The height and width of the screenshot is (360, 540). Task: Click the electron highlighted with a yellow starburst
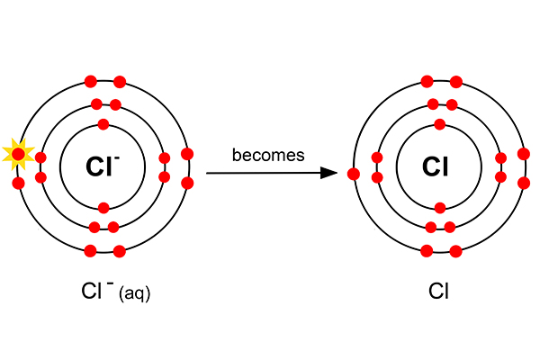pyautogui.click(x=18, y=155)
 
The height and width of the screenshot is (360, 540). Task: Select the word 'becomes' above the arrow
pyautogui.click(x=268, y=155)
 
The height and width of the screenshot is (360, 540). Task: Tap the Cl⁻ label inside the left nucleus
pyautogui.click(x=103, y=166)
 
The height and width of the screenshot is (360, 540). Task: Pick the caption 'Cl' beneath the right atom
pyautogui.click(x=438, y=292)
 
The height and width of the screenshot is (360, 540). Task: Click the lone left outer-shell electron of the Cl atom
pyautogui.click(x=354, y=174)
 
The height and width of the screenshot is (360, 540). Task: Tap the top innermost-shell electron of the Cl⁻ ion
pyautogui.click(x=103, y=124)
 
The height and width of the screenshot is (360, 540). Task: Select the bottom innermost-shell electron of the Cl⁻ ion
pyautogui.click(x=103, y=208)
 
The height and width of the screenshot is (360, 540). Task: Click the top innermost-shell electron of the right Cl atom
pyautogui.click(x=439, y=124)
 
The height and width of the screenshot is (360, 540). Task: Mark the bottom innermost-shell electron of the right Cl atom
pyautogui.click(x=439, y=208)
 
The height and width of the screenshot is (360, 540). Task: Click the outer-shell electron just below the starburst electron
pyautogui.click(x=18, y=184)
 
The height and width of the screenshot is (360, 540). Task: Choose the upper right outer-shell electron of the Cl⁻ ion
pyautogui.click(x=187, y=153)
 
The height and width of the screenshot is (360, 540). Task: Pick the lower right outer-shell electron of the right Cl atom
pyautogui.click(x=524, y=184)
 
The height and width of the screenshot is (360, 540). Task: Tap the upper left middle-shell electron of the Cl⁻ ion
pyautogui.click(x=40, y=158)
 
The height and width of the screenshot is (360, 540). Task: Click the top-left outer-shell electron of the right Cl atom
pyautogui.click(x=427, y=82)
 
